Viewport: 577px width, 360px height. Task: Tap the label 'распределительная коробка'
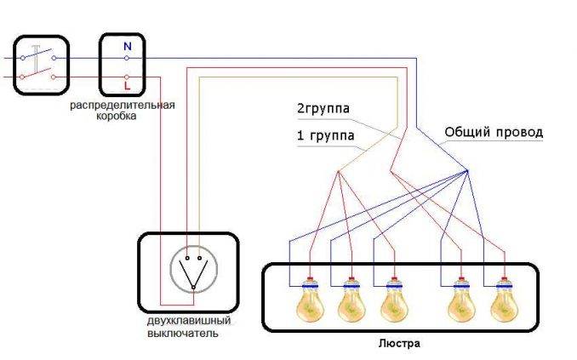click(123, 110)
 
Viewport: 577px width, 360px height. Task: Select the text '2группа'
click(323, 109)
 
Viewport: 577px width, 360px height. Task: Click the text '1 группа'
click(326, 135)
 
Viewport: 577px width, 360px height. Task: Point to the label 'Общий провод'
click(493, 134)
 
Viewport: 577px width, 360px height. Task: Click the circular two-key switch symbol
click(193, 271)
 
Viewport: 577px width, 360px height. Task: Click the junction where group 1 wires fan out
click(338, 171)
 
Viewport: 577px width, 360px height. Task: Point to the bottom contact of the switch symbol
click(193, 288)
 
